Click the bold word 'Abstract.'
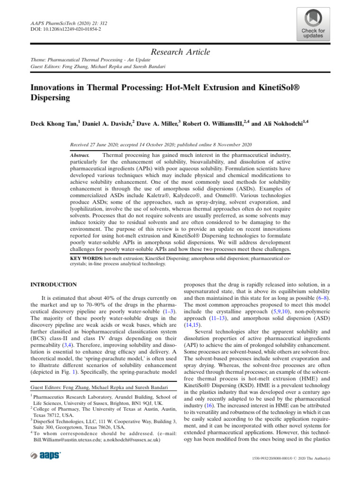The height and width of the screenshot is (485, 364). point(79,155)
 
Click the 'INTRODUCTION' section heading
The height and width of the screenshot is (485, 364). point(54,285)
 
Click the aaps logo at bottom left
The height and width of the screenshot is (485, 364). point(45,455)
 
